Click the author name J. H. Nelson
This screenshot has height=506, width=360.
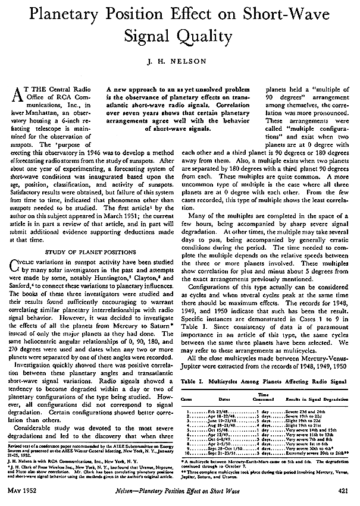(x=180, y=59)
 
